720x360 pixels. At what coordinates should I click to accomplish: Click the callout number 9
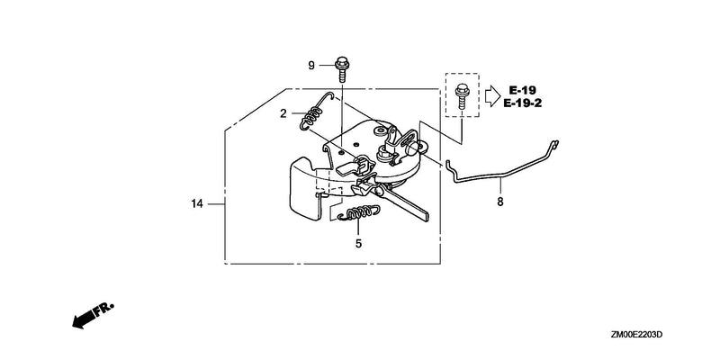click(x=311, y=66)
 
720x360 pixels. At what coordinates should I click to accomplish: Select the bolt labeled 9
click(x=341, y=69)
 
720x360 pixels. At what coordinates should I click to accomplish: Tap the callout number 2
click(x=283, y=114)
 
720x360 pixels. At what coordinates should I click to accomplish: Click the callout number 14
click(x=197, y=203)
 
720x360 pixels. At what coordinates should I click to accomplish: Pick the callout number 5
click(x=358, y=244)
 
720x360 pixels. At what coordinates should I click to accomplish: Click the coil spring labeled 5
click(x=358, y=213)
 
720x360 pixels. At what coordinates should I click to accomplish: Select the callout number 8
click(x=500, y=202)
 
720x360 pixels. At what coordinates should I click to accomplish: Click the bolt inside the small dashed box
click(x=461, y=96)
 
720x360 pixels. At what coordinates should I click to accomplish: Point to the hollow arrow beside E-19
click(x=492, y=96)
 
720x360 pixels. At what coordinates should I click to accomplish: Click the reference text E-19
click(x=522, y=90)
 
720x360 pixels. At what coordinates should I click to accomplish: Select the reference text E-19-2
click(x=523, y=103)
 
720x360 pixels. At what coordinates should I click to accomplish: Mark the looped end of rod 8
click(x=554, y=144)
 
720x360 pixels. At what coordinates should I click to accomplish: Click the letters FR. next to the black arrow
click(x=104, y=309)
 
